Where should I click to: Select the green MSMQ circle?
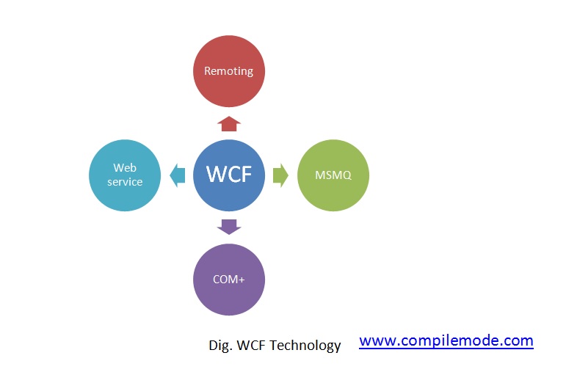(333, 175)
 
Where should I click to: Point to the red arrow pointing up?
(229, 123)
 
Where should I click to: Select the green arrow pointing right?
(280, 175)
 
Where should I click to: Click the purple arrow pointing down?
(229, 227)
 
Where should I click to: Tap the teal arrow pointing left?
(177, 175)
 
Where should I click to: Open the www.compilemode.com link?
(446, 340)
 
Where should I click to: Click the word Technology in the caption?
(305, 345)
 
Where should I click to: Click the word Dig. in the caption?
(219, 345)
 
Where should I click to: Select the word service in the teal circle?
(125, 182)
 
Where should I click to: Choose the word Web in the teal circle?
(125, 168)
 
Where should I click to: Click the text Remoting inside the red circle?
(228, 71)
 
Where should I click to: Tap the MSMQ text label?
(333, 175)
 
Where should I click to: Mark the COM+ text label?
(228, 280)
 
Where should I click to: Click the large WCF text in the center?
(228, 175)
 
